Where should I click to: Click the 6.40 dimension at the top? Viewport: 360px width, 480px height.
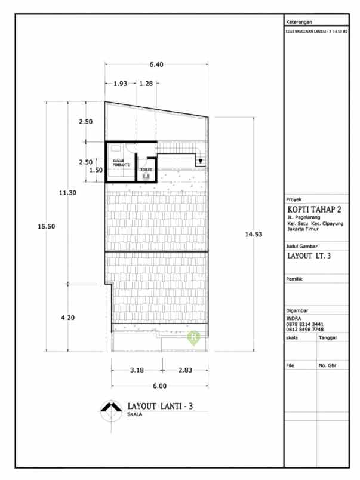tap(156, 64)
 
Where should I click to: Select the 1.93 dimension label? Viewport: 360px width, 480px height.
tap(121, 84)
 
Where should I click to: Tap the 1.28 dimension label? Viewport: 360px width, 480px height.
tap(146, 84)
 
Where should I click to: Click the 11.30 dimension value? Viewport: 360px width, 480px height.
tap(67, 193)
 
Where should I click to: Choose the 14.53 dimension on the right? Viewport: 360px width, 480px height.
tap(253, 235)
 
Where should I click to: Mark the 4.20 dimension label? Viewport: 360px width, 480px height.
tap(69, 318)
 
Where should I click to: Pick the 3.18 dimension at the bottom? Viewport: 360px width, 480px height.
tap(137, 370)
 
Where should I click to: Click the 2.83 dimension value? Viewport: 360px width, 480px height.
tap(185, 370)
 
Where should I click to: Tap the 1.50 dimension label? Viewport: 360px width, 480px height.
tap(96, 170)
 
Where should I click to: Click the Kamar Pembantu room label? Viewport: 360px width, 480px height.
tap(121, 162)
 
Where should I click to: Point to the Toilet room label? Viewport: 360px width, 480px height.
tap(146, 170)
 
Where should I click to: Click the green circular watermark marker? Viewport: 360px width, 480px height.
tap(194, 337)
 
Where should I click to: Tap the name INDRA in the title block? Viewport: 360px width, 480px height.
tap(294, 319)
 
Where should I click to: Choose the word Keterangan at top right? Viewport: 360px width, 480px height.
tap(300, 21)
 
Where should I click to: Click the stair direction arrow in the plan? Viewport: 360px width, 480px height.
tap(201, 161)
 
